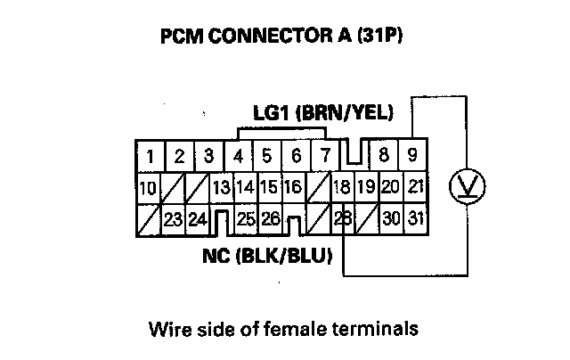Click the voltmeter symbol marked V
point(462,186)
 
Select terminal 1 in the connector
point(152,157)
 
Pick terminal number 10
point(150,187)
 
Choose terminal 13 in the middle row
point(221,187)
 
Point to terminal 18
point(340,187)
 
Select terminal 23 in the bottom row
point(173,217)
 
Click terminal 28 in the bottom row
point(340,217)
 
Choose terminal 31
point(414,217)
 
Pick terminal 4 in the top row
point(239,157)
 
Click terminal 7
point(325,157)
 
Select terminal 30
point(390,217)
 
